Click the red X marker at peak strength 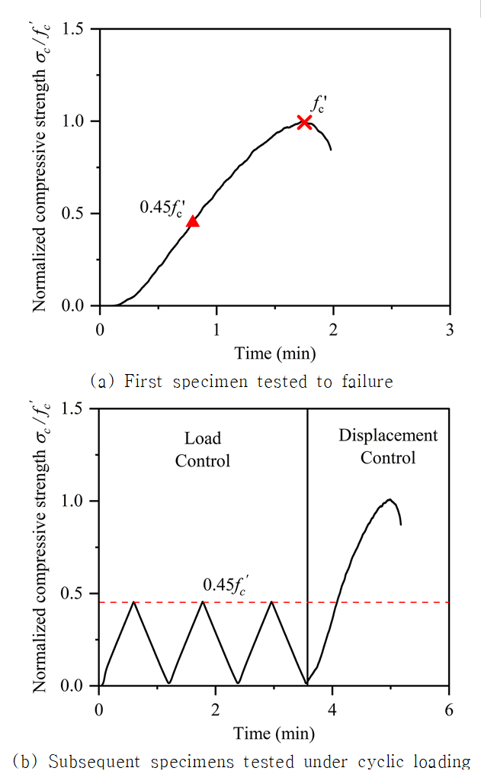[x=304, y=122]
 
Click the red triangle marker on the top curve [x=192, y=221]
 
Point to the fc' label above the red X [x=319, y=105]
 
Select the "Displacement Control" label [x=388, y=447]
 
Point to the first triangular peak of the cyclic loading [x=134, y=602]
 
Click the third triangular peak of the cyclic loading [x=271, y=602]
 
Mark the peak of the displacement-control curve [x=390, y=499]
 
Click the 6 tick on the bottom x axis [x=449, y=710]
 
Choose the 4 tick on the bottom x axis [x=332, y=710]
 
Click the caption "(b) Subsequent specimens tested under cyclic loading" [x=242, y=761]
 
